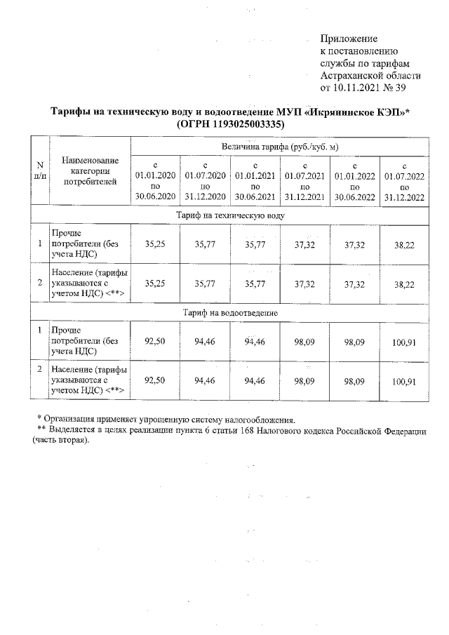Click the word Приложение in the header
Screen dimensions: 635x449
click(x=349, y=38)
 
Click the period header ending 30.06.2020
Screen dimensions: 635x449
click(x=154, y=180)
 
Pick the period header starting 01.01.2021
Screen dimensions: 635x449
click(x=255, y=180)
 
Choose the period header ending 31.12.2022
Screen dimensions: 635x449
click(x=405, y=180)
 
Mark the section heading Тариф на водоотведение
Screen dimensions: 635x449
click(x=229, y=311)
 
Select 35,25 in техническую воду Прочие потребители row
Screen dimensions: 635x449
click(x=154, y=243)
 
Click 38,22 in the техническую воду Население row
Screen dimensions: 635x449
click(x=405, y=284)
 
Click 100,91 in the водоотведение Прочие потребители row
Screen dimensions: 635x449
click(x=405, y=342)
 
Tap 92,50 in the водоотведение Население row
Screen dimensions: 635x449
click(x=154, y=380)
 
